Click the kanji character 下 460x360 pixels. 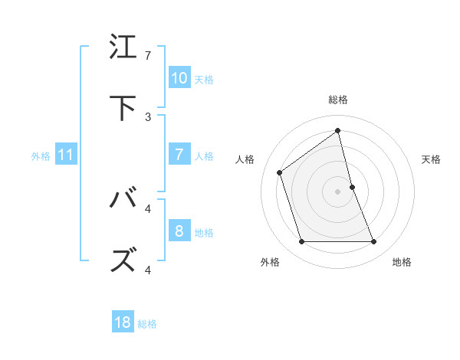coord(124,109)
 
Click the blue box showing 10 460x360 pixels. coord(179,78)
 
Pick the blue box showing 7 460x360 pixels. coord(179,155)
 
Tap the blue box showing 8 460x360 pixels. coord(179,231)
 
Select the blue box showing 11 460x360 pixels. coord(66,155)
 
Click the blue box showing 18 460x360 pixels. coord(123,322)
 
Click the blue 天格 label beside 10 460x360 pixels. coord(203,79)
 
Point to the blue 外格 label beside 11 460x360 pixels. coord(41,156)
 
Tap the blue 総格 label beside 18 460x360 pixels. coord(147,324)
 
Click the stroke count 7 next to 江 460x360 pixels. coord(148,56)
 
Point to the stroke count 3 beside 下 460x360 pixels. coord(148,117)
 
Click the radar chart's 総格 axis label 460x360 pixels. coord(338,100)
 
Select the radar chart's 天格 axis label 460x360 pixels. coord(432,159)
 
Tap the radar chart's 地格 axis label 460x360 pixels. coord(402,262)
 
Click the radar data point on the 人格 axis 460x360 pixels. coord(280,172)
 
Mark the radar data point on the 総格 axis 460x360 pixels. coord(338,131)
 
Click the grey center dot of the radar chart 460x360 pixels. coord(338,191)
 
